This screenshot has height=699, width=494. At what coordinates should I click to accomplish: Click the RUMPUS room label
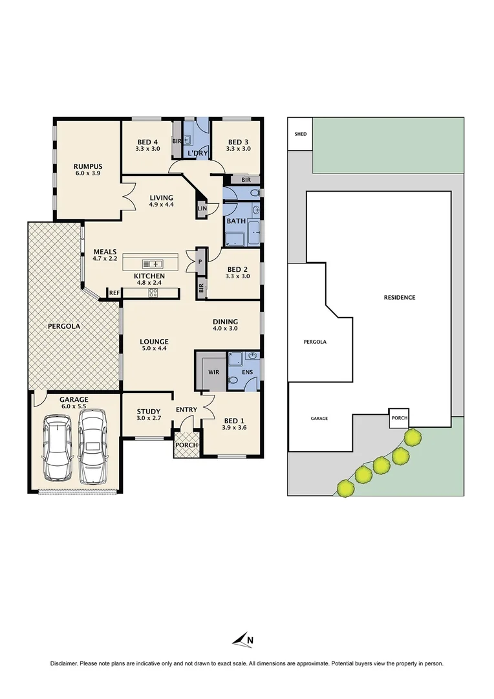[x=88, y=166]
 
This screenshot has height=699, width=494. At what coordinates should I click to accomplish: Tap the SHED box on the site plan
[x=300, y=134]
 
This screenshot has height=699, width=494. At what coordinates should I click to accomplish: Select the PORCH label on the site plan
[x=399, y=418]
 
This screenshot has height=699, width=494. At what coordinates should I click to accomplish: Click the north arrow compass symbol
[x=242, y=640]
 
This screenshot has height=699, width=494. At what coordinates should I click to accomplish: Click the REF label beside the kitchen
[x=114, y=293]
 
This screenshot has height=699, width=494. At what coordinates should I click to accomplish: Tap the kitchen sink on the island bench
[x=153, y=263]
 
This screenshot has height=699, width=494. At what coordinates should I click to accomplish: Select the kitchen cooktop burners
[x=153, y=293]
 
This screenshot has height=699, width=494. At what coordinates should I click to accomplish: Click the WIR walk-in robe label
[x=214, y=373]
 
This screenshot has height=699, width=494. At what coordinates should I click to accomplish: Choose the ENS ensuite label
[x=247, y=373]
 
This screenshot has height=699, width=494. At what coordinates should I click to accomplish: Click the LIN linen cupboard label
[x=202, y=208]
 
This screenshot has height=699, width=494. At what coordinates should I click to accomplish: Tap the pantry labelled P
[x=200, y=261]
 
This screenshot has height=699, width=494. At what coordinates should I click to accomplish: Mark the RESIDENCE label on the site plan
[x=399, y=298]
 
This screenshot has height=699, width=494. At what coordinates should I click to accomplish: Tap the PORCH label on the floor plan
[x=186, y=445]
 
